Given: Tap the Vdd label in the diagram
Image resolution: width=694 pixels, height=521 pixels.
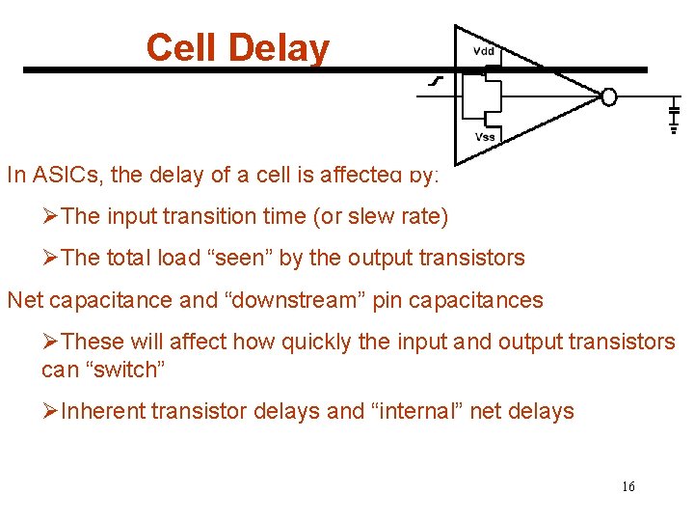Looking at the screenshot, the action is coord(484,50).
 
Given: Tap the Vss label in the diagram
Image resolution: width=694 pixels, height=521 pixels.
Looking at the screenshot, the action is coord(485,136).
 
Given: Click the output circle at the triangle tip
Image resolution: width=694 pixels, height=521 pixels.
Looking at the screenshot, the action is coord(608,96).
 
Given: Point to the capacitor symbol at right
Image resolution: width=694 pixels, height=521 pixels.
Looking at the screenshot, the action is coord(674,115).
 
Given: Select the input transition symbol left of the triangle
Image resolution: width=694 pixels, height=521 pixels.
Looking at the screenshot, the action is coord(435,83).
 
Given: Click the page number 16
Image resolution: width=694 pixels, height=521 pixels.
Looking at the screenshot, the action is coord(627,486).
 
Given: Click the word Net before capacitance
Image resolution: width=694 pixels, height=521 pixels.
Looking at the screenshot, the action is coord(26,300).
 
